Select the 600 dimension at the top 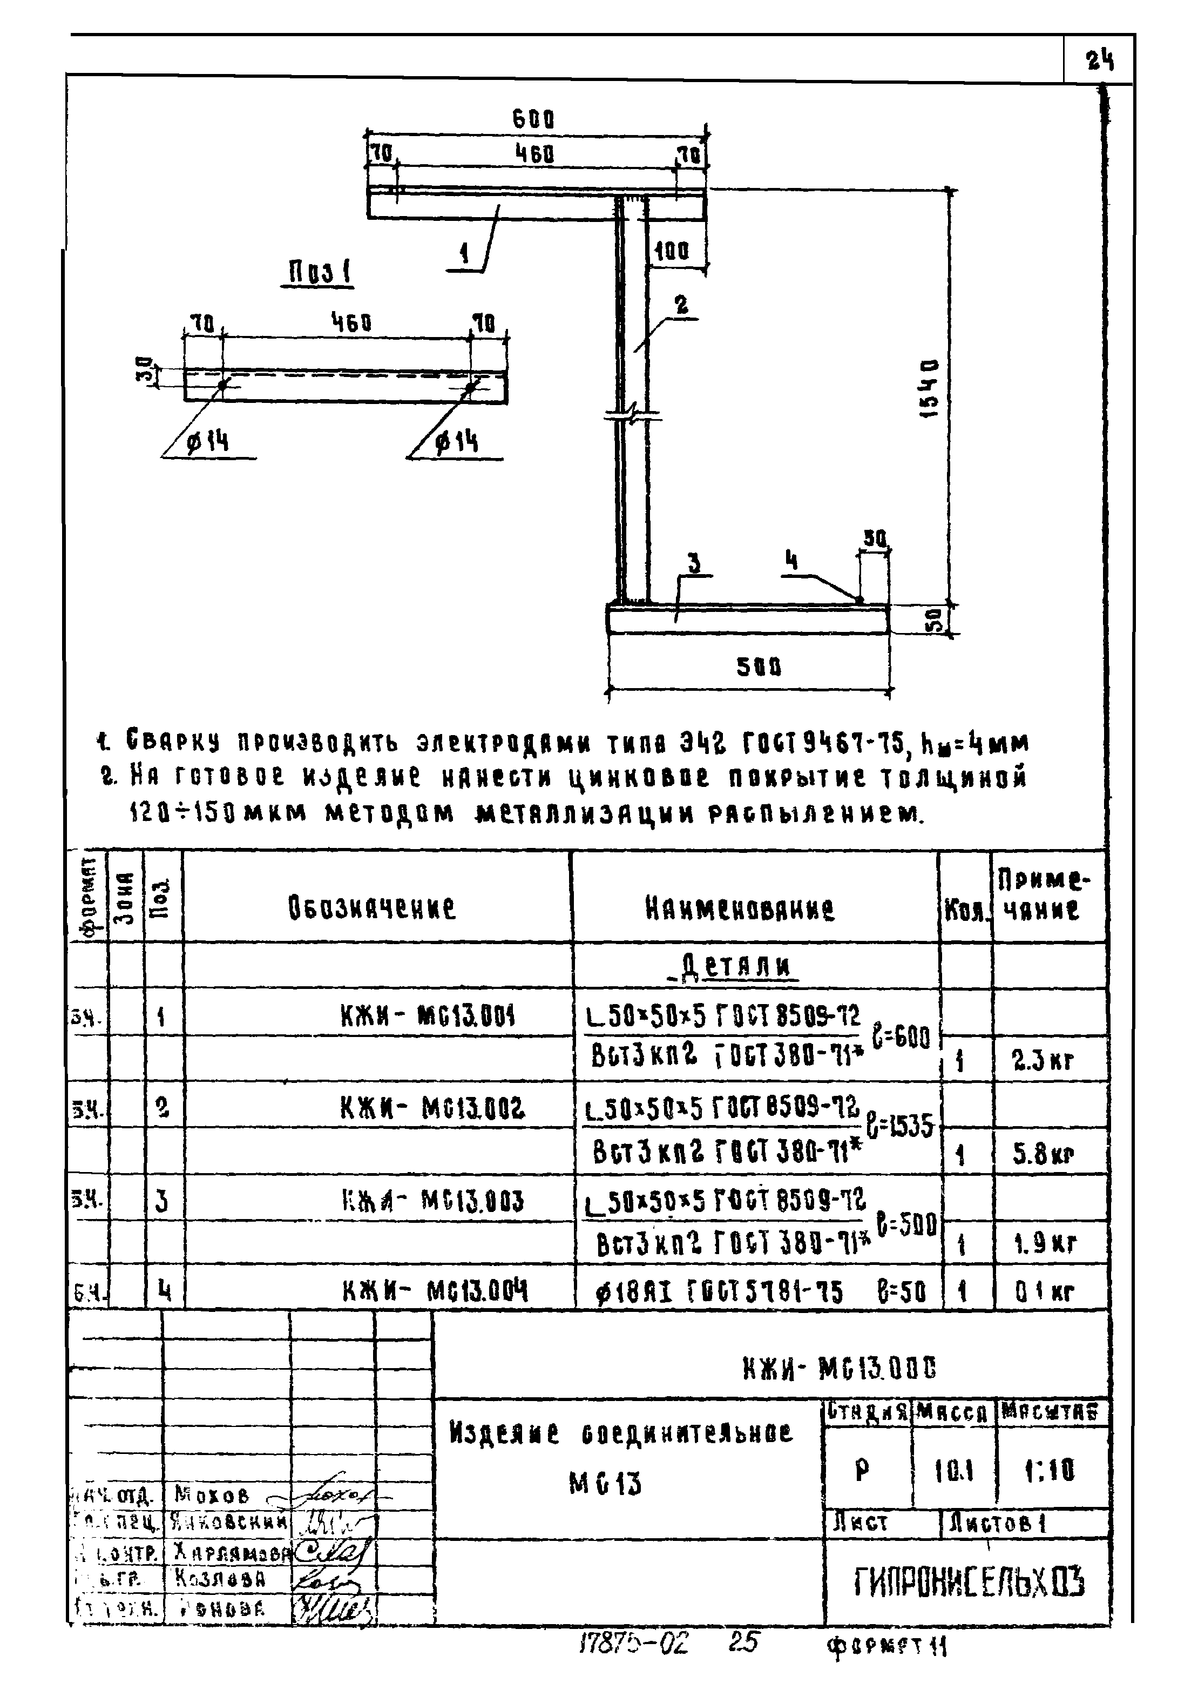(x=533, y=119)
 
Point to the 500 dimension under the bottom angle (x=759, y=667)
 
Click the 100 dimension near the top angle (x=672, y=252)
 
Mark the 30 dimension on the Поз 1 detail (x=147, y=370)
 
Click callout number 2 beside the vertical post (x=682, y=305)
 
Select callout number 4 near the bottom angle (x=791, y=562)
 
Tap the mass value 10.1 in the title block (x=954, y=1472)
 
